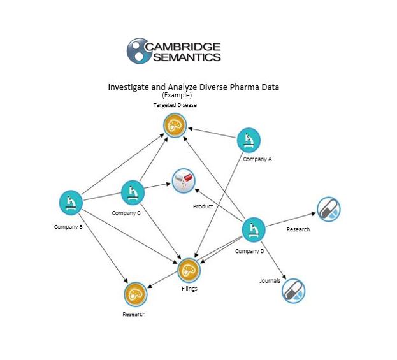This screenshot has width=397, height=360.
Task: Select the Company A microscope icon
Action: tap(249, 140)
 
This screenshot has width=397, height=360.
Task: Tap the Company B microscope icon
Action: tap(71, 203)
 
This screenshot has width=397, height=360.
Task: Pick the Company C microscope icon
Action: tap(133, 192)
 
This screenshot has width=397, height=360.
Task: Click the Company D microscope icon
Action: tap(254, 230)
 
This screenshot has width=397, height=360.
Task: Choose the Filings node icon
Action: tap(189, 270)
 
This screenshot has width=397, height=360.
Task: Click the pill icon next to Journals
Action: tap(293, 291)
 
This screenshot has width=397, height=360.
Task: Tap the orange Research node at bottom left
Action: tap(135, 294)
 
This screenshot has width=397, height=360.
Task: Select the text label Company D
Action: tap(249, 251)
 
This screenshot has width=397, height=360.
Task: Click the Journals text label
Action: tap(270, 280)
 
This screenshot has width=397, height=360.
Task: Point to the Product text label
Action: tap(203, 206)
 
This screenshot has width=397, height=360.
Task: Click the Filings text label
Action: tap(189, 289)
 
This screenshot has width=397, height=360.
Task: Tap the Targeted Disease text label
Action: tap(175, 105)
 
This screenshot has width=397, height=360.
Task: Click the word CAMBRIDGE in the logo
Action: tap(183, 47)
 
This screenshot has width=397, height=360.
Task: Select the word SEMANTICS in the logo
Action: tap(187, 57)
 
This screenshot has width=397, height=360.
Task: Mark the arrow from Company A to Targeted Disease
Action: tap(212, 133)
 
